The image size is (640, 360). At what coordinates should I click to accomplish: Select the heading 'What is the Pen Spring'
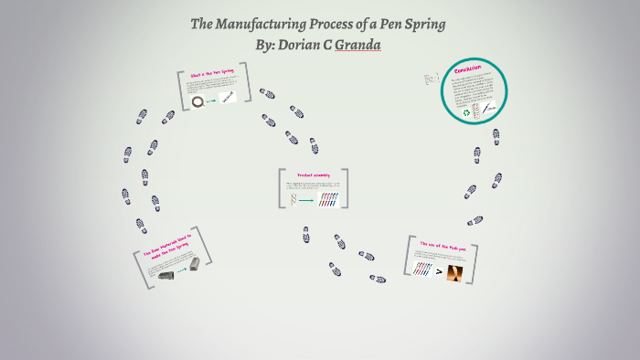tap(212, 74)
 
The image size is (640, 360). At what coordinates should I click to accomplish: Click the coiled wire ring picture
tap(197, 102)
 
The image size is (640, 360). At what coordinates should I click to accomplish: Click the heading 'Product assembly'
tap(312, 174)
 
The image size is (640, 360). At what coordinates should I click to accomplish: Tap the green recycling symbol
tap(466, 113)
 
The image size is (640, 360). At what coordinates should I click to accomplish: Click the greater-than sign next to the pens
tap(439, 271)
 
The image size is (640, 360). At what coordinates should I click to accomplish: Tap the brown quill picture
tap(454, 271)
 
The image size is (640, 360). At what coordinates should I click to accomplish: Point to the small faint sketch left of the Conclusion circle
tap(432, 80)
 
